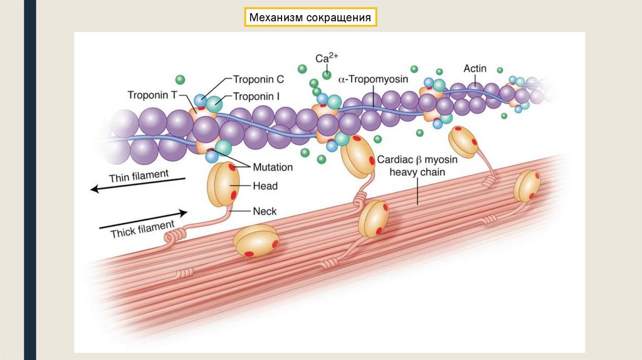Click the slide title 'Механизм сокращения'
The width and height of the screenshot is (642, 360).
click(311, 18)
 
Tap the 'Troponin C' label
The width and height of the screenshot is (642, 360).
click(258, 80)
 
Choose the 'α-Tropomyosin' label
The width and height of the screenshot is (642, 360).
click(373, 80)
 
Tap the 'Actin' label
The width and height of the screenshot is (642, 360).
click(475, 68)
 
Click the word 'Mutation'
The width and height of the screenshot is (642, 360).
click(273, 167)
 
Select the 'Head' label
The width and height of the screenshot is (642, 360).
click(266, 186)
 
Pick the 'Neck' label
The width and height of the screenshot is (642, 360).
click(265, 211)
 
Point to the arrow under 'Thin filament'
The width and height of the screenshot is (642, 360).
click(138, 184)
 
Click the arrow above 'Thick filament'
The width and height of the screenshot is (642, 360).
click(143, 218)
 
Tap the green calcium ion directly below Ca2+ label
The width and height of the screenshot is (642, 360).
click(327, 76)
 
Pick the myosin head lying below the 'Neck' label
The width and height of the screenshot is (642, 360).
click(256, 241)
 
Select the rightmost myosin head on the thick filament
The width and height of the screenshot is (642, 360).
click(527, 185)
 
